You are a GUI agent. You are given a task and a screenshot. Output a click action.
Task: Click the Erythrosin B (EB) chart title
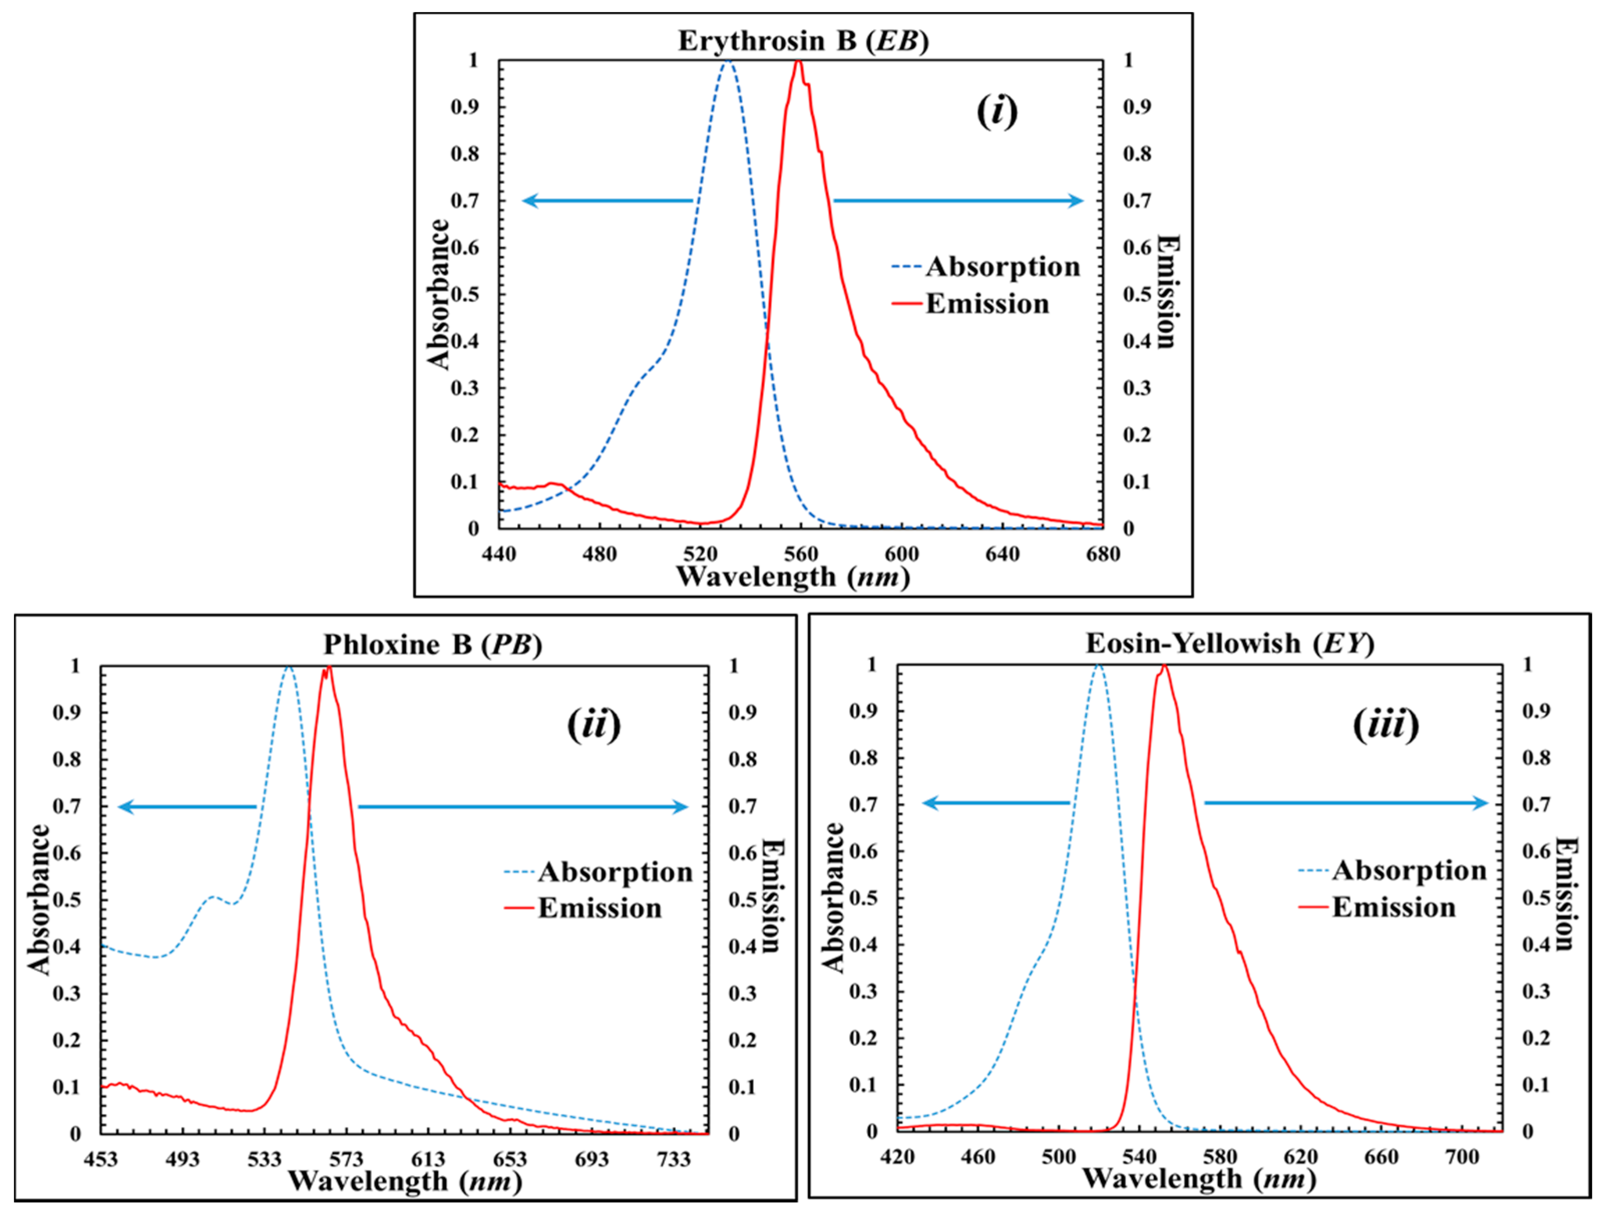pyautogui.click(x=803, y=41)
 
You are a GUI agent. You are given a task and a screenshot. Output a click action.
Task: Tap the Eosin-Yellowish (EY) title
pyautogui.click(x=1230, y=643)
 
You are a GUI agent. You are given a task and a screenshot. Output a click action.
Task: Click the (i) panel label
pyautogui.click(x=996, y=111)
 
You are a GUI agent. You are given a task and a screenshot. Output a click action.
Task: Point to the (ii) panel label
pyautogui.click(x=593, y=725)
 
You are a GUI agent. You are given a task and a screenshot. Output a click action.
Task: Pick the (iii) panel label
pyautogui.click(x=1386, y=725)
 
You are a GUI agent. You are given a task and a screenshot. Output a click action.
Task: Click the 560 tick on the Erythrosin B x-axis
pyautogui.click(x=801, y=554)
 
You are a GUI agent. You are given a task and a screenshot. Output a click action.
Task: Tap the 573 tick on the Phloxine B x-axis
pyautogui.click(x=346, y=1159)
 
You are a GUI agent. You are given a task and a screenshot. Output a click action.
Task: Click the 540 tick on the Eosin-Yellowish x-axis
pyautogui.click(x=1139, y=1157)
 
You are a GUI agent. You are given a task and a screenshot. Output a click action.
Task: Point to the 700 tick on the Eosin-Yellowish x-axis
pyautogui.click(x=1461, y=1157)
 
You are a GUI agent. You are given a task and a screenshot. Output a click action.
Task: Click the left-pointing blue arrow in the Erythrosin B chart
pyautogui.click(x=607, y=200)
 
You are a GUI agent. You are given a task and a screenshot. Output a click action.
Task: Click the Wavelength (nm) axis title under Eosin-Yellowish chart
pyautogui.click(x=1199, y=1179)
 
